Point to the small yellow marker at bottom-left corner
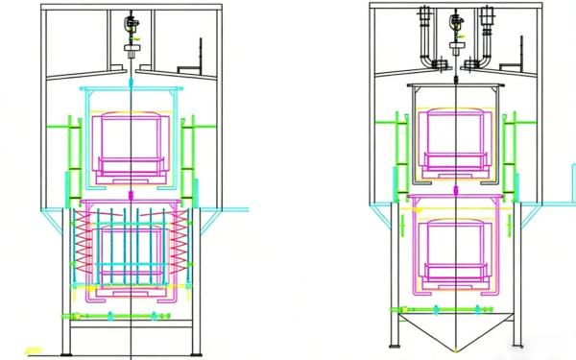coord(33,350)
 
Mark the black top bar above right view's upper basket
coord(457,85)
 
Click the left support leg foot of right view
coord(394,344)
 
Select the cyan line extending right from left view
coord(235,208)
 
